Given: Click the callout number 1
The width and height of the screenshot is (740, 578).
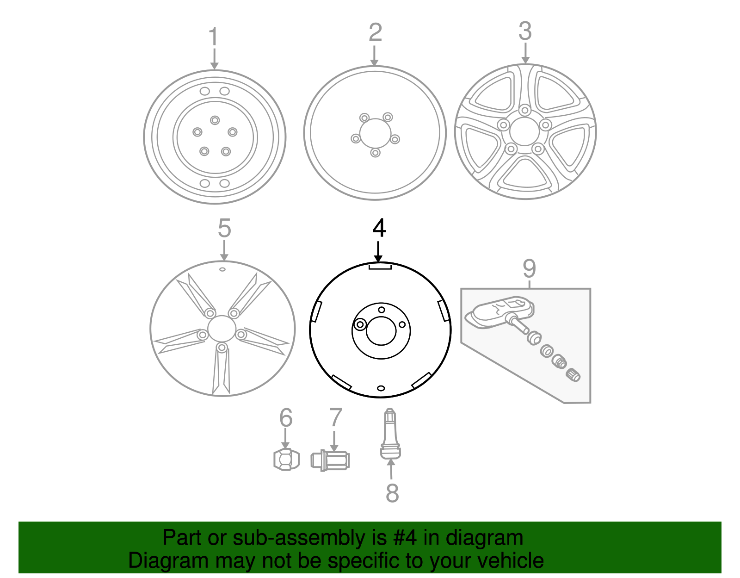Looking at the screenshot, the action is coord(214,37).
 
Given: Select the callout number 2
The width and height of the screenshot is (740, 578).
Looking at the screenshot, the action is coord(375,32).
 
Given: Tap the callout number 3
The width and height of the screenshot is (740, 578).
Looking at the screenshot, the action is coord(525,31).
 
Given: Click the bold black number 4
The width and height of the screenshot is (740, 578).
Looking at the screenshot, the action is coord(379,228).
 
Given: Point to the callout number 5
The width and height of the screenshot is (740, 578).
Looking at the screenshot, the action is coord(224,228).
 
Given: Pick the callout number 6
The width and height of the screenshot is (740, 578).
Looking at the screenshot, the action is coord(286,417).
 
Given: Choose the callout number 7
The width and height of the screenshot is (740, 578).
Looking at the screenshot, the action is coord(335,417).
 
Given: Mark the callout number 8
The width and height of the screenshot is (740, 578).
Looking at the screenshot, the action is coord(392,492).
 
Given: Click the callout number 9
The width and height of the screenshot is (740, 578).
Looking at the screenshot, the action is coord(529,268).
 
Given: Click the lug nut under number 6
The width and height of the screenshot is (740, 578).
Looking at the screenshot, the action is coord(286,460).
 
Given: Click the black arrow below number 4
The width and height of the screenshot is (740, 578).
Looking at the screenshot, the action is coord(378,252).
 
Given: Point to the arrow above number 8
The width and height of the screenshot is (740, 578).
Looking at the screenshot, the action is coord(391,469).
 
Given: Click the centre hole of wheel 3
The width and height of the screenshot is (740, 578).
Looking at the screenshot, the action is coord(525,132).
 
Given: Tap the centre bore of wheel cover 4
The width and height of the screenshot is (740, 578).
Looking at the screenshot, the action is coord(381,331).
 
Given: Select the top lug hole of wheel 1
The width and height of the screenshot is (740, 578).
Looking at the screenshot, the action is coord(215,120).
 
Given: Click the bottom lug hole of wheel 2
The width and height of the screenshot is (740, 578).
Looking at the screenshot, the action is coord(375,153).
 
